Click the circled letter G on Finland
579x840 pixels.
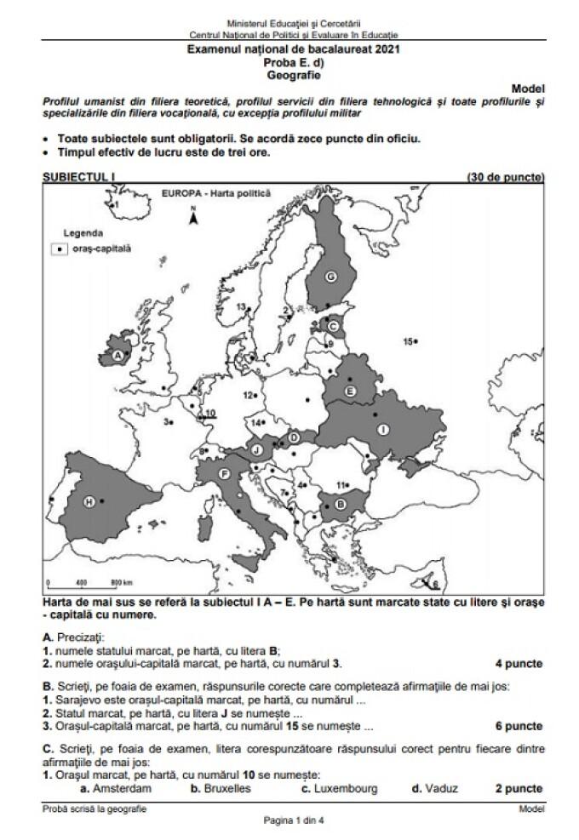pos(331,274)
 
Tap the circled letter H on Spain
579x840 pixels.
pos(89,503)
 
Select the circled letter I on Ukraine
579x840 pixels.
pos(383,430)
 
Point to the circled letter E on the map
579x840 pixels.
pos(349,390)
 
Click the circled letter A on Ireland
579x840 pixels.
pos(117,355)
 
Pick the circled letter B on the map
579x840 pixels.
pos(341,505)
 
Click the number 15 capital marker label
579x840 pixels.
pos(409,341)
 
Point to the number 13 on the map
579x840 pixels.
pos(241,306)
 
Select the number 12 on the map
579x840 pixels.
pos(249,396)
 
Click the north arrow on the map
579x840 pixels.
pos(193,217)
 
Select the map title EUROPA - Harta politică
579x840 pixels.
pos(215,193)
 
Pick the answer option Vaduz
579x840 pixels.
pos(433,789)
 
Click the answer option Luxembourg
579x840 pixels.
pos(345,789)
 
